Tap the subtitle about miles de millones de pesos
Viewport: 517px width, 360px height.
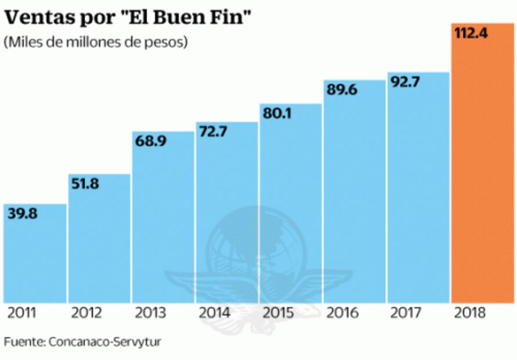point(96,43)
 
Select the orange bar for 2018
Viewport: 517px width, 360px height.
point(482,174)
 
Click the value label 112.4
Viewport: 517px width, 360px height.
point(471,34)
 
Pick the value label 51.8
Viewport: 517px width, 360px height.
point(85,184)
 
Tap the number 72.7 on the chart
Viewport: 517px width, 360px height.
point(213,132)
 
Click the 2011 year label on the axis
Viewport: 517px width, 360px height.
point(23,314)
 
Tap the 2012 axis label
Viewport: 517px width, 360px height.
point(86,314)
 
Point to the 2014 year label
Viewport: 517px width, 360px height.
point(214,314)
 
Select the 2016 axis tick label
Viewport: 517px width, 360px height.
point(342,314)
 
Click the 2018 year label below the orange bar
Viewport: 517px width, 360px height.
point(471,314)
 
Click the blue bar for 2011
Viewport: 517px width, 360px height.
point(35,261)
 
